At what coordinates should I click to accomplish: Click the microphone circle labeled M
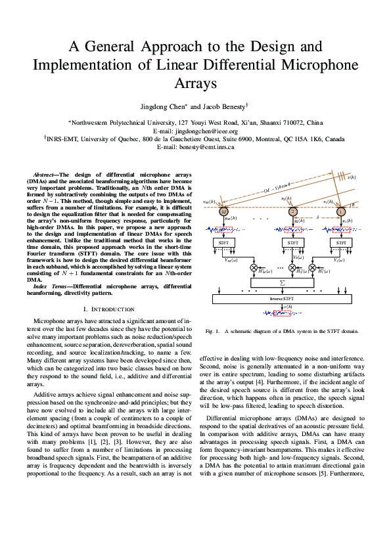[x=224, y=211]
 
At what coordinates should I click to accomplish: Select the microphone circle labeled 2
[x=293, y=211]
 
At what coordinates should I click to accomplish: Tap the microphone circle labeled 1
[x=340, y=211]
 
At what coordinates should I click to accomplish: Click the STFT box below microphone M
[x=224, y=242]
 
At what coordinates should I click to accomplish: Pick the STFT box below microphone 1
[x=340, y=242]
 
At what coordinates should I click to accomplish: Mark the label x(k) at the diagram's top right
[x=352, y=177]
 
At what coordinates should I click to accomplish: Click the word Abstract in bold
[x=44, y=174]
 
